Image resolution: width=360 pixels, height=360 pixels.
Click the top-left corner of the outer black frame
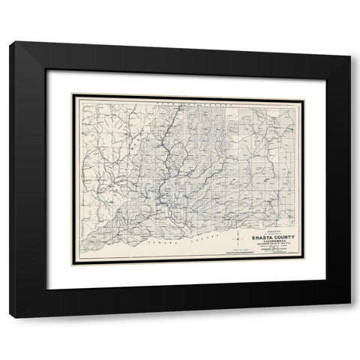coord(10,42)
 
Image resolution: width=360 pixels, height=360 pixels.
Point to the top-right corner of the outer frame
coord(349,42)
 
